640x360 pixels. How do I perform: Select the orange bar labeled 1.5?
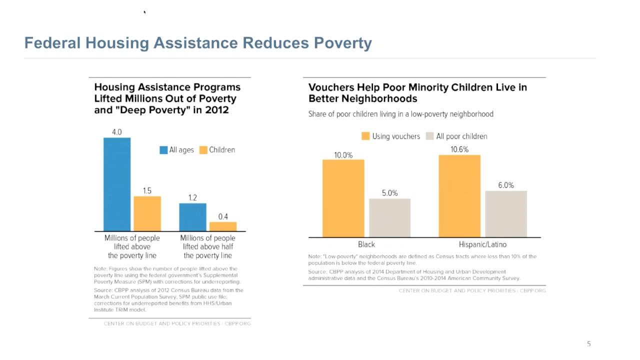tap(147, 213)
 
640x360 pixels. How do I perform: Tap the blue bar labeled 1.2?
tap(192, 217)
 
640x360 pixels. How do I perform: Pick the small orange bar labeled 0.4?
tap(223, 226)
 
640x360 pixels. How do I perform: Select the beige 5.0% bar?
tap(389, 217)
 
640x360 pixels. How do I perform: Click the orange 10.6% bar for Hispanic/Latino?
tap(459, 196)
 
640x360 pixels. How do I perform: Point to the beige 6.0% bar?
tap(505, 213)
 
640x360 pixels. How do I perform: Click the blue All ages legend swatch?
tap(163, 150)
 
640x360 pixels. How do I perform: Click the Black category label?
tap(366, 244)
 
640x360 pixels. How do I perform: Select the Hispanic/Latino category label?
tap(482, 244)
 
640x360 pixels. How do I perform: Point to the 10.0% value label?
tap(343, 155)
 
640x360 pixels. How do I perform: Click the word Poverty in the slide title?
tap(342, 43)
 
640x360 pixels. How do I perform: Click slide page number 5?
tap(588, 344)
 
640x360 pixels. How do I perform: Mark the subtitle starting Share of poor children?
tap(400, 114)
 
